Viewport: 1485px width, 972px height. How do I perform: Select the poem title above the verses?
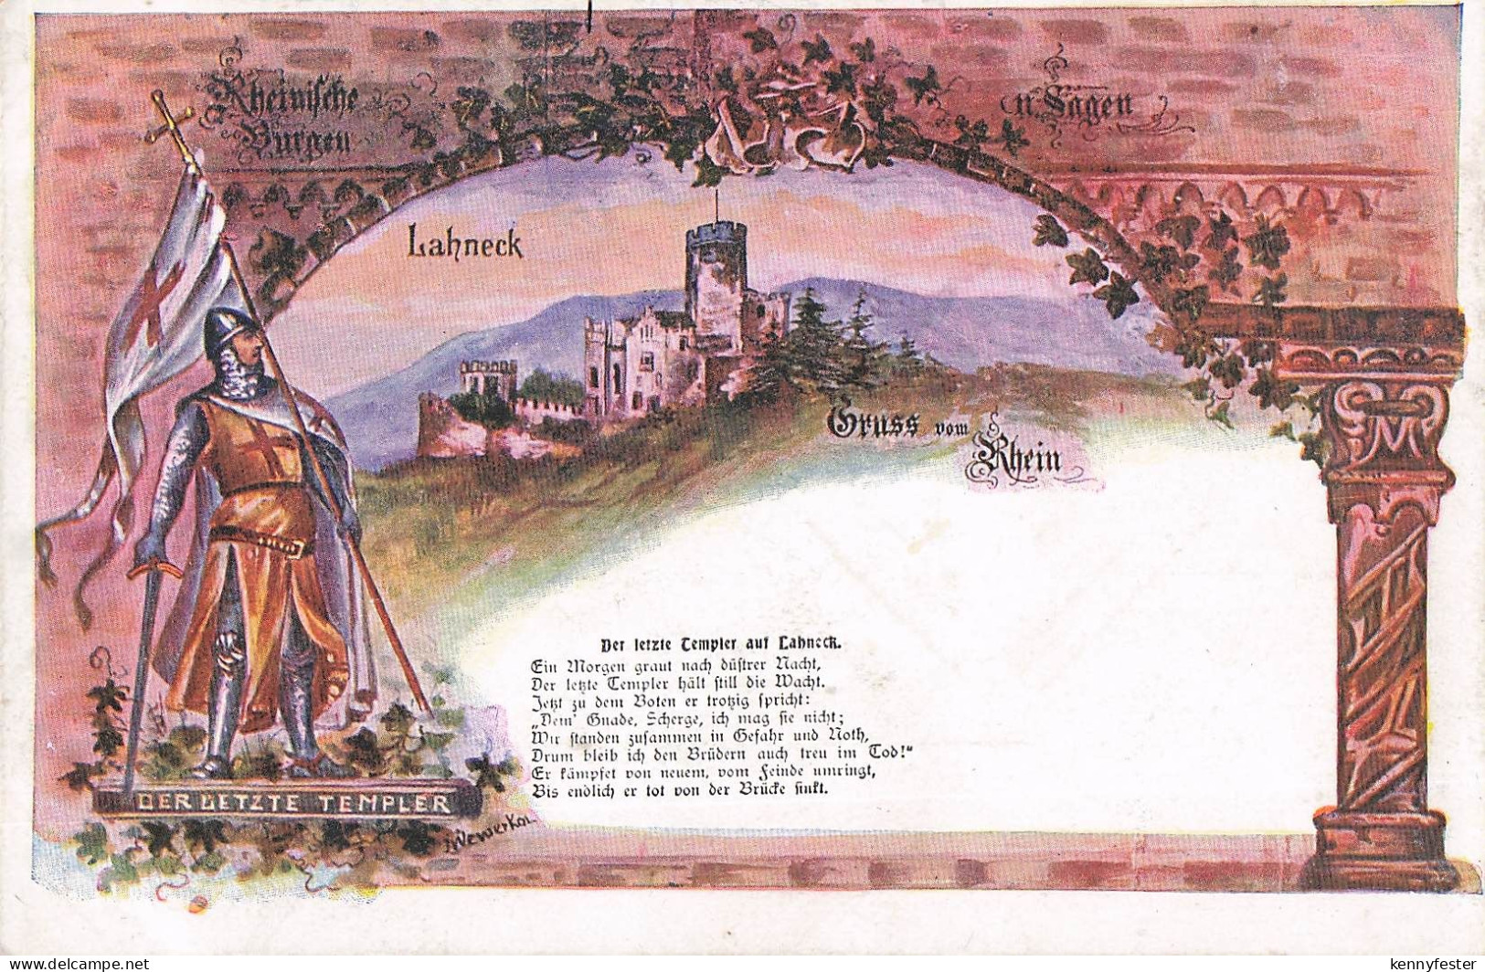pyautogui.click(x=721, y=642)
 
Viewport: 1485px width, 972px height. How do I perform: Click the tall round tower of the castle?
pyautogui.click(x=716, y=283)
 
